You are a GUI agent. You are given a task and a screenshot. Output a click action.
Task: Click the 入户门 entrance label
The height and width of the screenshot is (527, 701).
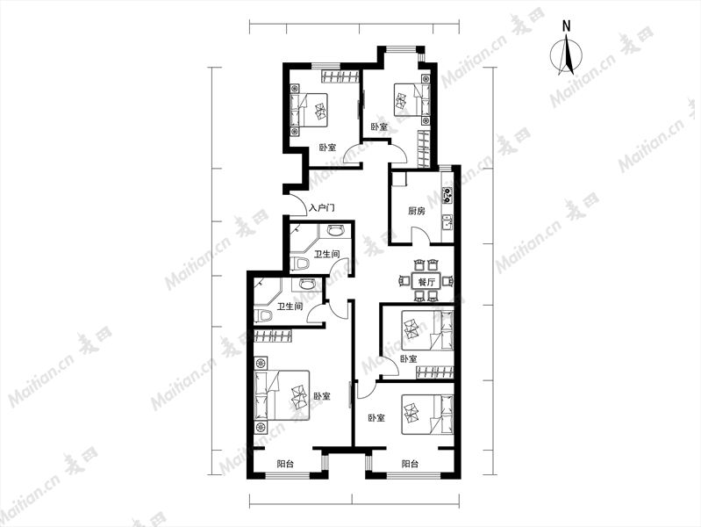(322, 208)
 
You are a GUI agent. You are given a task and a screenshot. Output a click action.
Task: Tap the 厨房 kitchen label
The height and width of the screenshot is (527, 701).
(417, 211)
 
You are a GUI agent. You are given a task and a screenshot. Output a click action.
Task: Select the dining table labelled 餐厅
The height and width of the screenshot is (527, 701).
(426, 282)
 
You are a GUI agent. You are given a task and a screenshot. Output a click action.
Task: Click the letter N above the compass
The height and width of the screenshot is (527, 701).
(567, 26)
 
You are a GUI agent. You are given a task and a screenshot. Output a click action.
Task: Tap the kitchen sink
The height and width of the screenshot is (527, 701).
(447, 222)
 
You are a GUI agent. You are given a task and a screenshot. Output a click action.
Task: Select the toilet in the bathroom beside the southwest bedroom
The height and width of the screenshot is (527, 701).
(263, 314)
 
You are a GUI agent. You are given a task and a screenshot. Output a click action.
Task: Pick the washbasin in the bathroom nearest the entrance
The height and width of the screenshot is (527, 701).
(335, 231)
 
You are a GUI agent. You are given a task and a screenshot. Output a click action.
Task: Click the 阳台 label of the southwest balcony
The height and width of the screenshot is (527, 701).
(285, 464)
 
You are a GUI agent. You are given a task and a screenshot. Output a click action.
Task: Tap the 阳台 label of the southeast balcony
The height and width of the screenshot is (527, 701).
(410, 464)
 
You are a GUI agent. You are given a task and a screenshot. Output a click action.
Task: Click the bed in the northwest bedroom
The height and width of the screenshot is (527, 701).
(309, 110)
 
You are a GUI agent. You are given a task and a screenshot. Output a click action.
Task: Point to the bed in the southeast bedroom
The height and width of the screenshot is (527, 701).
(428, 415)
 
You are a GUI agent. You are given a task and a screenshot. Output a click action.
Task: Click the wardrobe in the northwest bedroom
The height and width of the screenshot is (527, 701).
(340, 76)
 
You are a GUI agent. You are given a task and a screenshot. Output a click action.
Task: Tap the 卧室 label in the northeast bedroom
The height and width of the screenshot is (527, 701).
(380, 126)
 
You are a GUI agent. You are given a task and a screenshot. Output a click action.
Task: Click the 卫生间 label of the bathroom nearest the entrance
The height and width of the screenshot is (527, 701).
(326, 255)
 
